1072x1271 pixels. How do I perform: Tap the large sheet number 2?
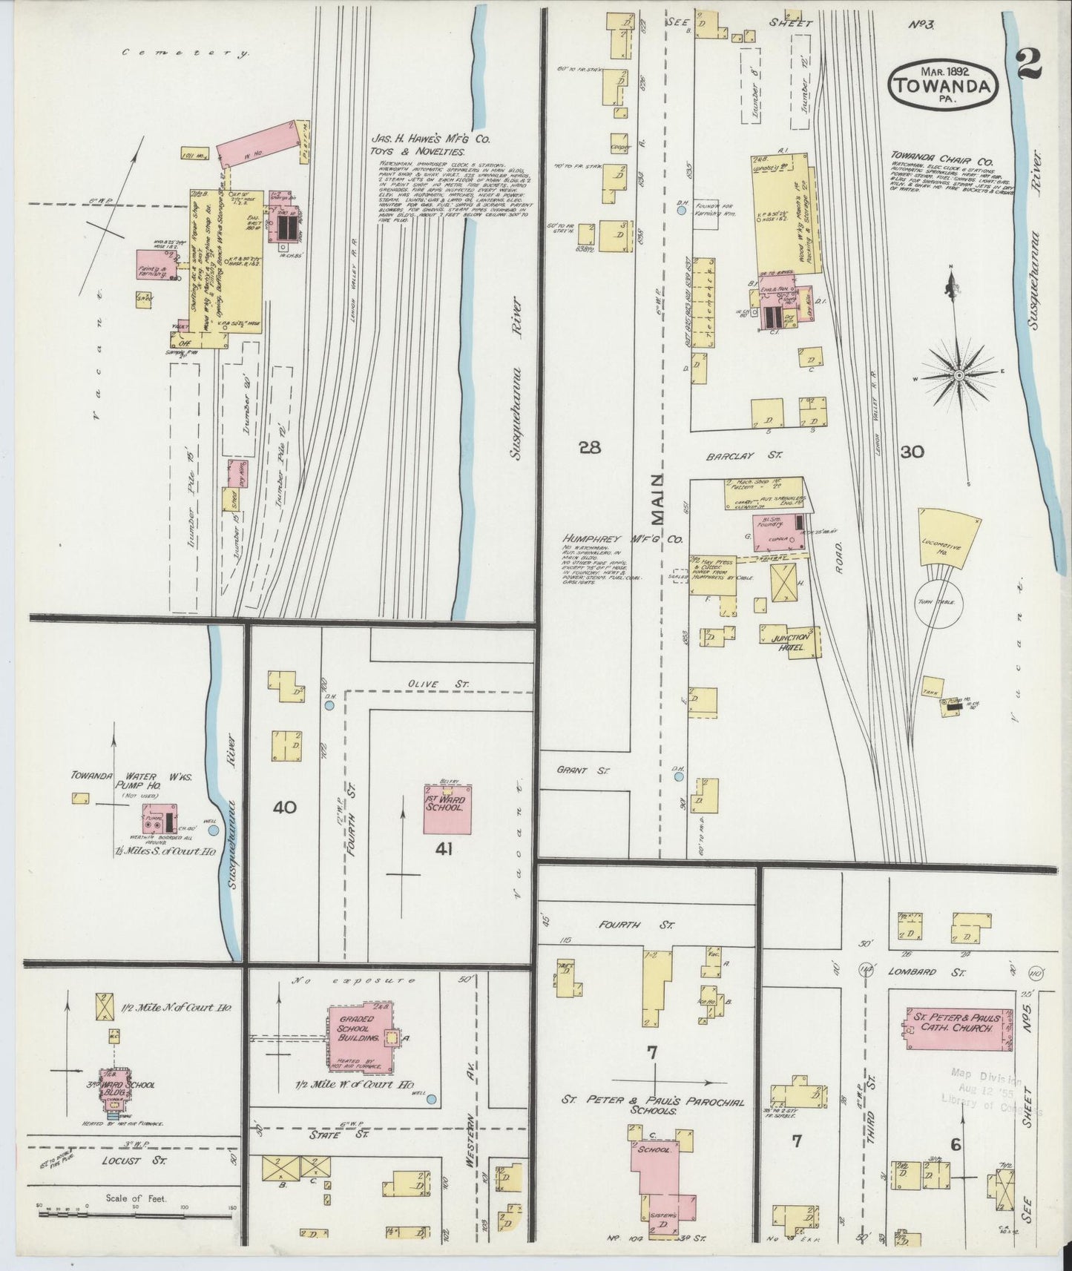coord(1030,65)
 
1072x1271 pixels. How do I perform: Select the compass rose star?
coord(958,376)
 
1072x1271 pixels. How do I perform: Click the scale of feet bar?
coord(134,1215)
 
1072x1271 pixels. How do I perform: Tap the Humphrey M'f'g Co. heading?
coord(622,541)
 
